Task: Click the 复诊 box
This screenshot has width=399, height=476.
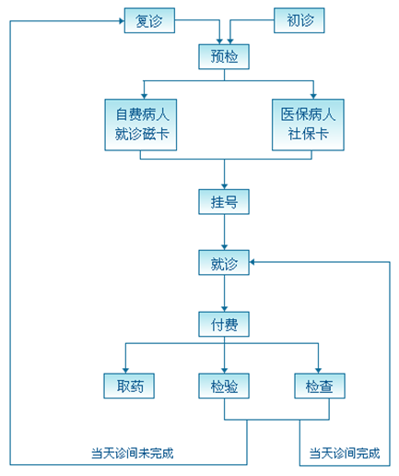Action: click(x=149, y=20)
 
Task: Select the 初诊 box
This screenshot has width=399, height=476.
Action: click(x=299, y=20)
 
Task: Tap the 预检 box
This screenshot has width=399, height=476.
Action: click(x=224, y=57)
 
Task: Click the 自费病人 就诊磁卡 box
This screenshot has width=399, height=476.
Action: click(x=141, y=125)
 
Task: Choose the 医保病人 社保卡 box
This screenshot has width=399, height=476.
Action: click(x=308, y=125)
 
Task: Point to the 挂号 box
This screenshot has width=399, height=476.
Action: click(x=224, y=202)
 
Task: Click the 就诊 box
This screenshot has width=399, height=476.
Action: click(x=224, y=263)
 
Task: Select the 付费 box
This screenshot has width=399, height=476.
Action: click(x=224, y=325)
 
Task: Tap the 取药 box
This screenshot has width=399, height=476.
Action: click(x=129, y=387)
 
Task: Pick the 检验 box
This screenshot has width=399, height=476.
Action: click(x=224, y=387)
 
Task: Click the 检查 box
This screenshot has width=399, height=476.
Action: click(x=320, y=387)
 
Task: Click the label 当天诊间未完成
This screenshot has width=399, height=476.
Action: click(x=133, y=453)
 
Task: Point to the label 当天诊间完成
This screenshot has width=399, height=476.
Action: click(x=345, y=453)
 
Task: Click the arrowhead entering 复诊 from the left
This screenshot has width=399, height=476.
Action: click(x=122, y=21)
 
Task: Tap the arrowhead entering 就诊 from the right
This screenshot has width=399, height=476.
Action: click(x=252, y=262)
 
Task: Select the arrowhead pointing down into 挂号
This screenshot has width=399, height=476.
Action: click(x=225, y=186)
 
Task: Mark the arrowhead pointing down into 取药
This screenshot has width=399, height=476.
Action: click(x=125, y=371)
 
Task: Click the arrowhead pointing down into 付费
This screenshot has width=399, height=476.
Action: click(x=225, y=309)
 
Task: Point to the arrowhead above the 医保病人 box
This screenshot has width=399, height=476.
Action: click(x=313, y=96)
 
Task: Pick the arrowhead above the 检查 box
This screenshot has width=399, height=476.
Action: click(x=318, y=371)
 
